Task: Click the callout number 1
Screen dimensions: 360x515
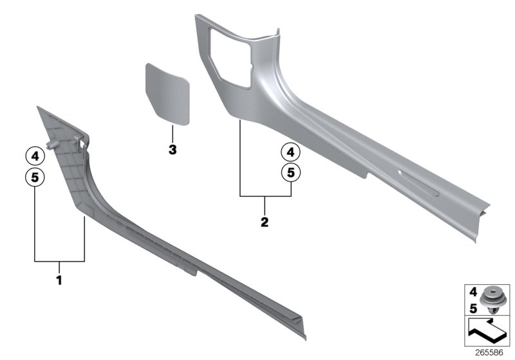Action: pos(59,280)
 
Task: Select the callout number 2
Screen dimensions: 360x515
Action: pos(265,222)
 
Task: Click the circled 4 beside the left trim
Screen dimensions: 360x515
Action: pos(34,155)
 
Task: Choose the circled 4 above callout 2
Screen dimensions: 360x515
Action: pos(290,152)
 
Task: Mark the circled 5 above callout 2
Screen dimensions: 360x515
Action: pos(290,172)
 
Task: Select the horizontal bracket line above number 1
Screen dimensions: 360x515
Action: pos(59,261)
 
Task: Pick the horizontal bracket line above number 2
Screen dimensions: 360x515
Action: pos(265,195)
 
